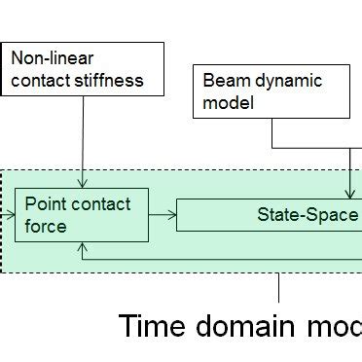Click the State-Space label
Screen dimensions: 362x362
coord(308,214)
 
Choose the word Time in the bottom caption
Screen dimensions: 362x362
coord(156,327)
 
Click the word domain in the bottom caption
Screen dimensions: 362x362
coord(253,327)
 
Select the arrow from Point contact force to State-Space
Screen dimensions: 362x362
coord(162,214)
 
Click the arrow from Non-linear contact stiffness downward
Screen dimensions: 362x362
coord(84,136)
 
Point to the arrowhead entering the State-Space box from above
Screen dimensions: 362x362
coord(349,194)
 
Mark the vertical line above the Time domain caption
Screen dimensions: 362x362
coord(279,287)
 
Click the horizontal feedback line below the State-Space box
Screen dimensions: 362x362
coord(224,259)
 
